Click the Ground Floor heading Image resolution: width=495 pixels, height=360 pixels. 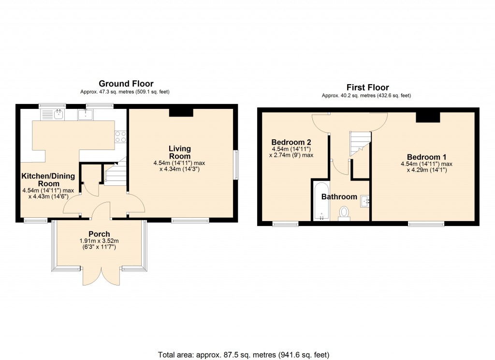pos(126,84)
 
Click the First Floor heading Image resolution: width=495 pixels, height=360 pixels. pos(367,88)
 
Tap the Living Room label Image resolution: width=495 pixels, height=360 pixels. pos(180,152)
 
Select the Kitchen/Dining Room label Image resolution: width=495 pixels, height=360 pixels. pos(40,180)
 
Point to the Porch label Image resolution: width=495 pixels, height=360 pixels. pos(99,234)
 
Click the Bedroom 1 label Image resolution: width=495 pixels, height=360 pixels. pos(426,157)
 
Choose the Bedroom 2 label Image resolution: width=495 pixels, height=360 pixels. pos(291,142)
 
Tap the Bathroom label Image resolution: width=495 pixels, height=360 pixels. pos(339,197)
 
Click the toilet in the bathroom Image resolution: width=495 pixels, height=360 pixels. pos(344,212)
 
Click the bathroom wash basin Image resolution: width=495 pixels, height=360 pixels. pos(365,200)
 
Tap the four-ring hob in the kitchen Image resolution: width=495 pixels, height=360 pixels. pos(120,136)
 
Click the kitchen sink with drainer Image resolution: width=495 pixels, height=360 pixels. pos(53,115)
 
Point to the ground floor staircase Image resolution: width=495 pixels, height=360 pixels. pos(116,174)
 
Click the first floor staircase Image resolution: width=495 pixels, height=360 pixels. pos(360,143)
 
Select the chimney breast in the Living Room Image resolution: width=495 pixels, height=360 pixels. pos(181,112)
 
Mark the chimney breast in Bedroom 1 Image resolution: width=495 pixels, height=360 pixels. pos(428,117)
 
